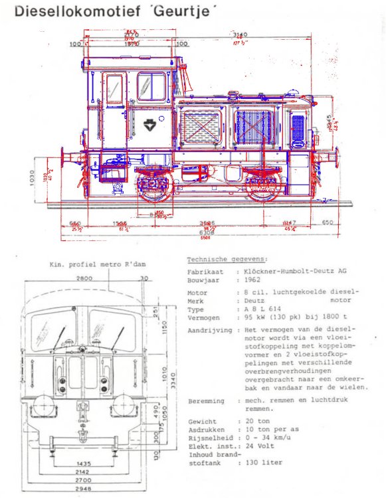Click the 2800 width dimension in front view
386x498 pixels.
(84, 279)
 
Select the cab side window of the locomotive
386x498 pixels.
(152, 87)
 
